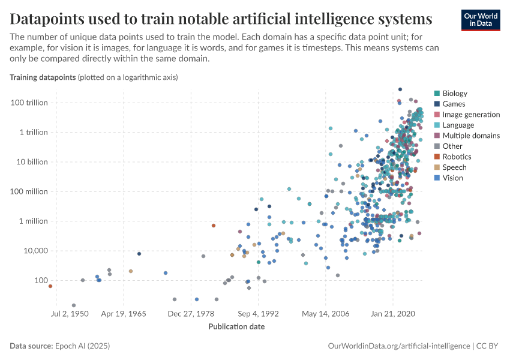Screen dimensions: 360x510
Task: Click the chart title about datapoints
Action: [221, 19]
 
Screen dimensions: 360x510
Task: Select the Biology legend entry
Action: [454, 94]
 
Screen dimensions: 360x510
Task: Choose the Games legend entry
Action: [454, 104]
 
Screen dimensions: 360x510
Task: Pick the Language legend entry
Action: [458, 125]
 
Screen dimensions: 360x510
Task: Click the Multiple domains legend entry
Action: [470, 136]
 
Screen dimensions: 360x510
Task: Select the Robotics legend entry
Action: [455, 157]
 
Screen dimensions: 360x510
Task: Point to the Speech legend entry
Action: [454, 167]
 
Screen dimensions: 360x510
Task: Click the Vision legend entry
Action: [452, 178]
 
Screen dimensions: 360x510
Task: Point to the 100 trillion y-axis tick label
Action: [29, 103]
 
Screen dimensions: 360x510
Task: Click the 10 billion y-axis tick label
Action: [31, 162]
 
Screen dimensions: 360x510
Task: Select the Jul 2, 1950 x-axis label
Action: [70, 313]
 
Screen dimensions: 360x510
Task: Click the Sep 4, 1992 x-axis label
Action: [258, 313]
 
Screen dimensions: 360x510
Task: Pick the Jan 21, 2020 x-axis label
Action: [393, 313]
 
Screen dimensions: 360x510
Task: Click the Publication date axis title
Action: [236, 327]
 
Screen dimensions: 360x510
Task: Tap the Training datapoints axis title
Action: [42, 77]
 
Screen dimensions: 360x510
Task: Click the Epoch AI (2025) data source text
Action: [82, 346]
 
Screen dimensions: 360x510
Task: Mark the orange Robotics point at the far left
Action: [50, 286]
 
